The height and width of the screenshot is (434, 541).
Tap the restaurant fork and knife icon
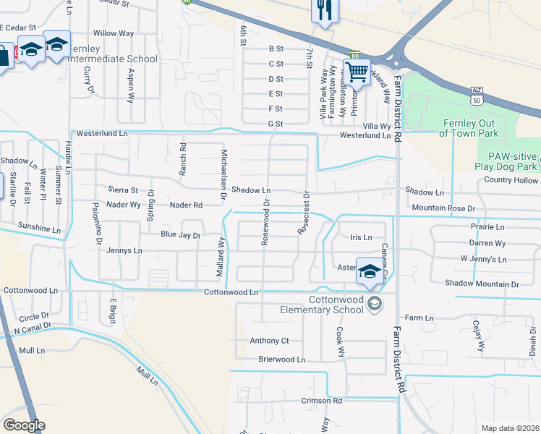pos(323,11)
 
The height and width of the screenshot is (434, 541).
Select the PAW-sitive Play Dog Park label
pos(508,161)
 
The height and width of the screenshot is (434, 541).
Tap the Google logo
pos(24,425)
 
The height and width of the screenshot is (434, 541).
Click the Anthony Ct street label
pos(269,341)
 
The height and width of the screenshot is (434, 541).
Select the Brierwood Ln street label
pos(282,359)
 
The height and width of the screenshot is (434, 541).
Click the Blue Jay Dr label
pos(180,235)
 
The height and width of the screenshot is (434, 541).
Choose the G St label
pos(275,124)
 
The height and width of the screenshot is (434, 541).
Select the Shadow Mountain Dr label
pos(482,284)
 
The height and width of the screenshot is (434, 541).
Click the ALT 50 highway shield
pos(475,93)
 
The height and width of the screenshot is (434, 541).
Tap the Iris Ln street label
pos(360,237)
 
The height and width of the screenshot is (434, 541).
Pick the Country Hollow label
pos(512,180)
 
